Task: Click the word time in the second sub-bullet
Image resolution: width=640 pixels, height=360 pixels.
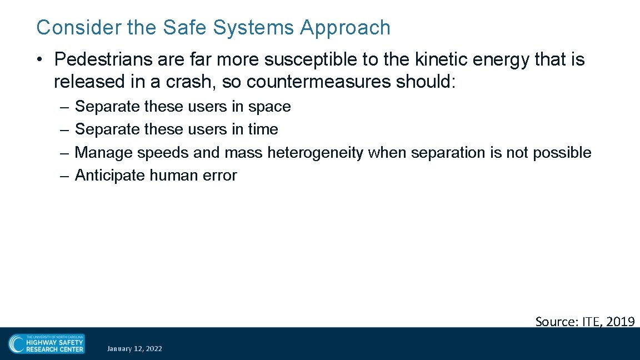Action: click(263, 129)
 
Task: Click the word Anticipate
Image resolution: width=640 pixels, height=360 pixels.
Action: click(110, 176)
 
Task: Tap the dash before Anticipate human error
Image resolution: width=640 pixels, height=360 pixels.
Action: click(64, 176)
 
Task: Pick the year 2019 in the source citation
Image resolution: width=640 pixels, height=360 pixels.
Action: click(620, 321)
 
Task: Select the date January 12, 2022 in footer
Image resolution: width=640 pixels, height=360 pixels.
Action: click(134, 348)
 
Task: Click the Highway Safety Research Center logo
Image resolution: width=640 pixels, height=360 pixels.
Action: click(47, 344)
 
